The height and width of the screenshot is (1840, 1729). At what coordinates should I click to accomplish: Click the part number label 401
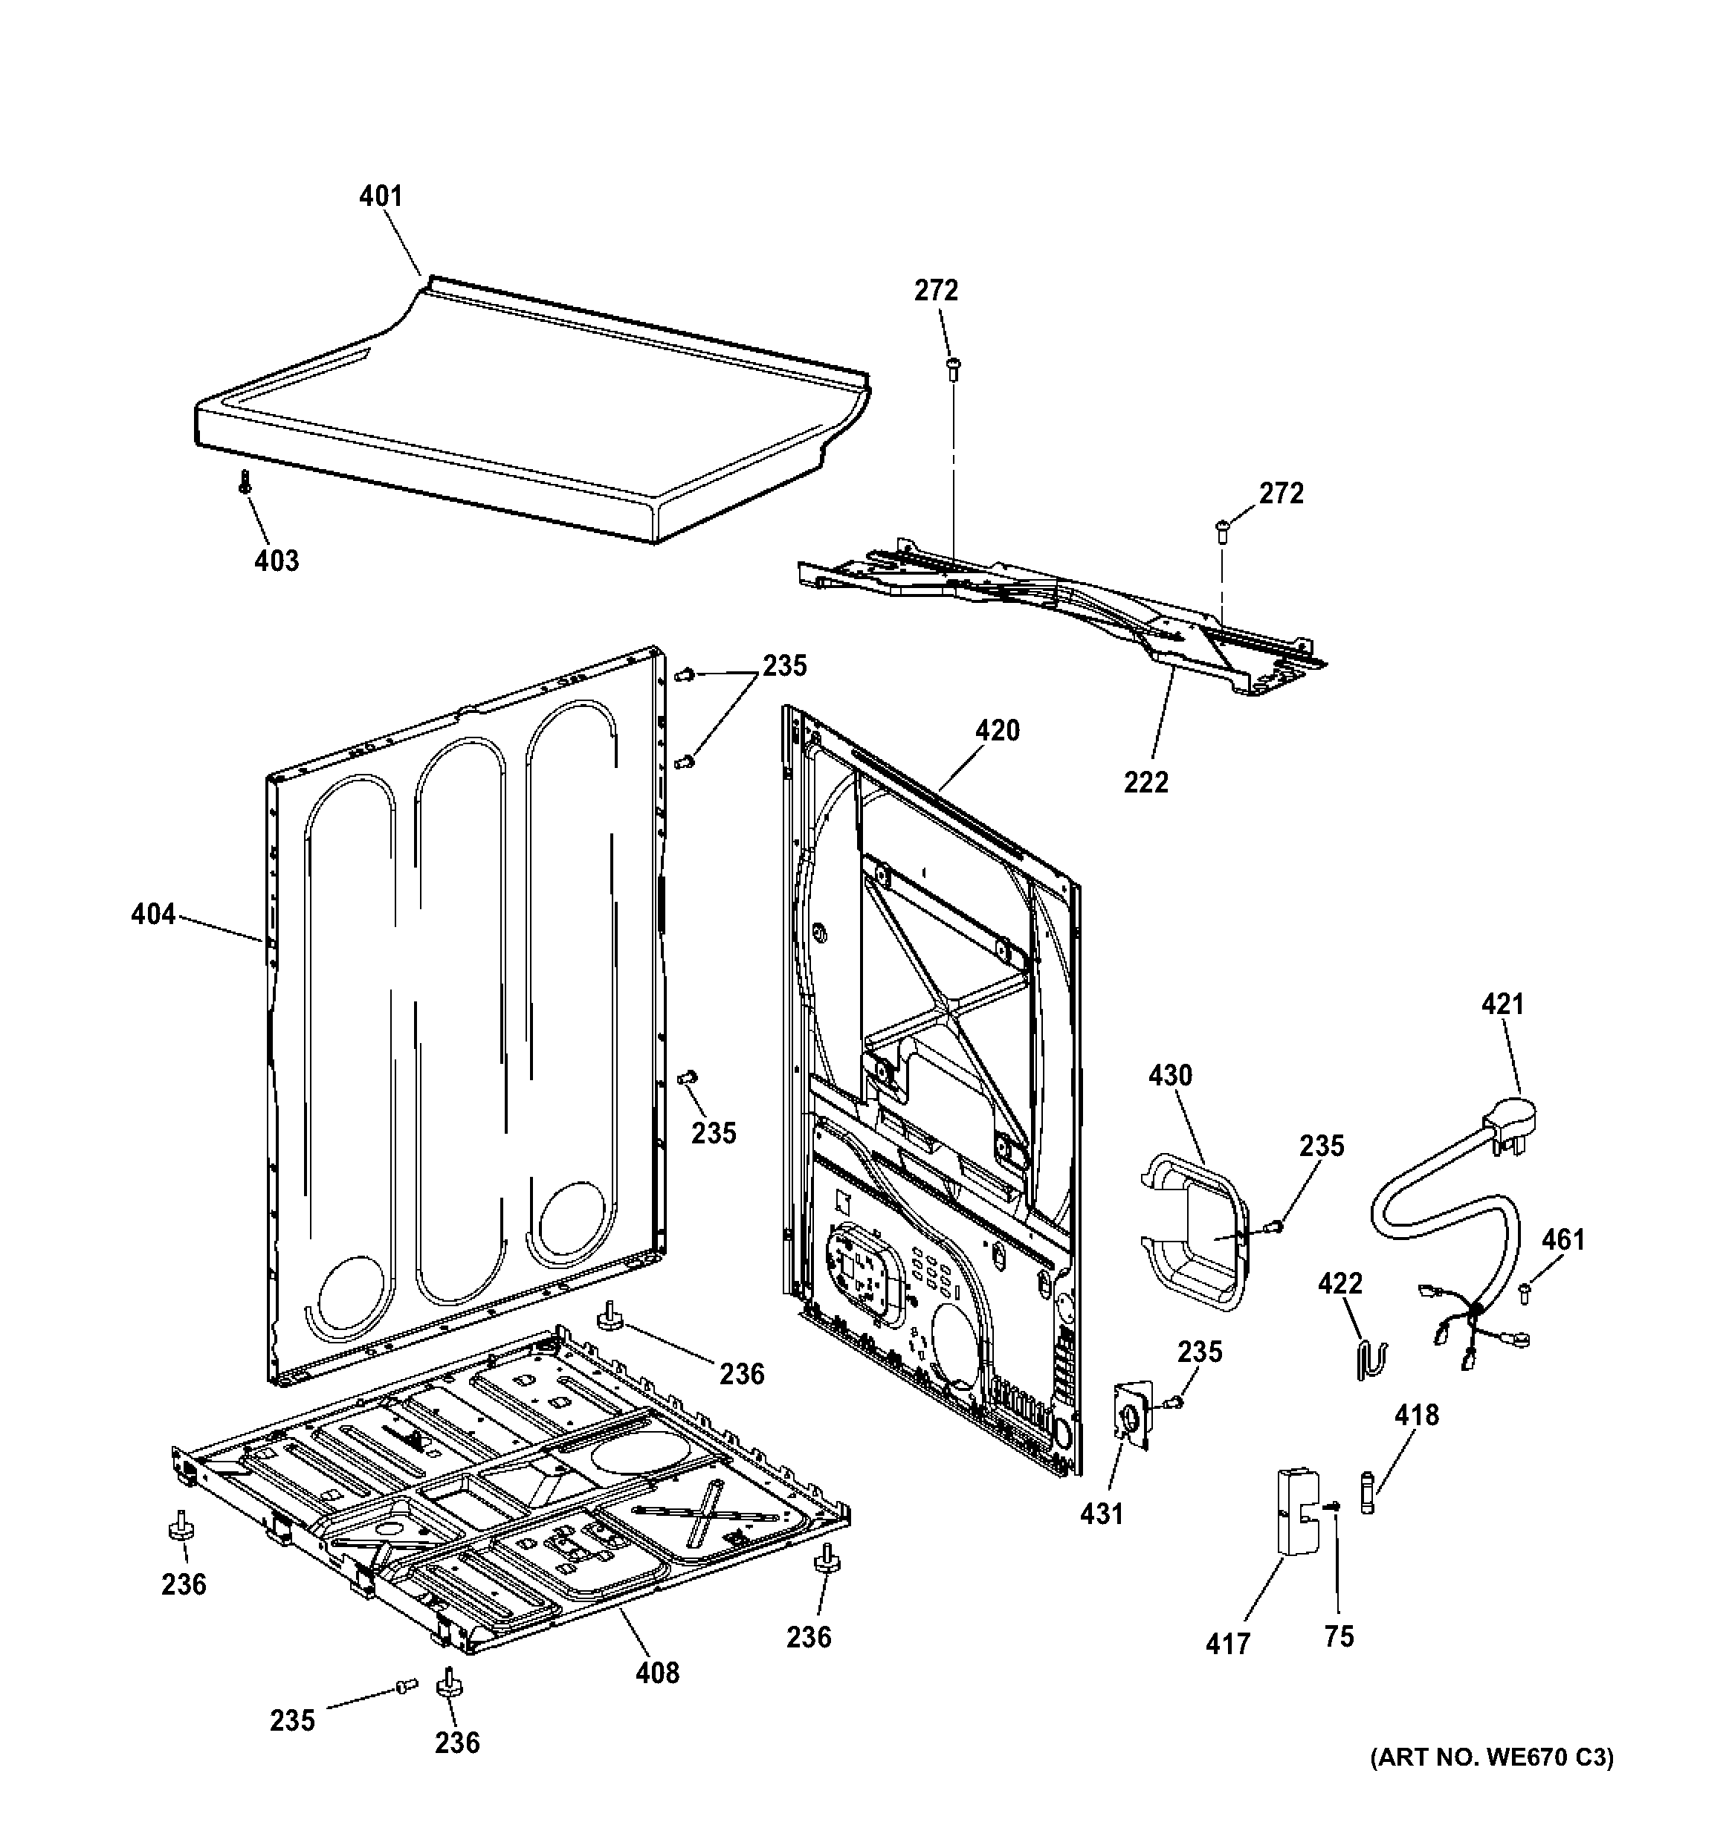coord(381,196)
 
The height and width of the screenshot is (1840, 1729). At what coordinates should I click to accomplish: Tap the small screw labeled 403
coord(245,481)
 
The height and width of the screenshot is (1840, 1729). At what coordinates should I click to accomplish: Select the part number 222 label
coord(1146,782)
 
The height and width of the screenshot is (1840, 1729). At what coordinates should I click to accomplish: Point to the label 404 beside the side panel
coord(152,914)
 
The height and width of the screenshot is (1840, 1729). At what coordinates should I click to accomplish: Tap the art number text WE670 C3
coord(1491,1783)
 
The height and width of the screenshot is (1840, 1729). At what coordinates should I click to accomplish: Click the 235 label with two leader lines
coord(784,665)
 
